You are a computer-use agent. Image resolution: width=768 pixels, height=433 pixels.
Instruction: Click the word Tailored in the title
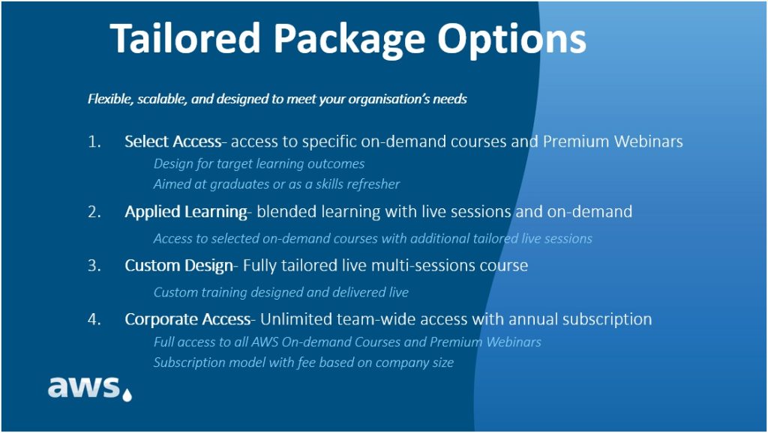point(185,38)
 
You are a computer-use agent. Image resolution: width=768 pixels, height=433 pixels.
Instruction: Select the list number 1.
point(94,142)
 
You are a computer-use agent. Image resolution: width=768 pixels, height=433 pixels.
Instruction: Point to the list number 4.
point(94,319)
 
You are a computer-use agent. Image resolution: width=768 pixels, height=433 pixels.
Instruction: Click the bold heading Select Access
point(173,142)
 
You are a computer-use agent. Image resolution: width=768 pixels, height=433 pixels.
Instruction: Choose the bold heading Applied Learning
point(186,212)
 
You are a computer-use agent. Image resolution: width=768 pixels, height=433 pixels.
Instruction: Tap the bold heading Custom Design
point(178,266)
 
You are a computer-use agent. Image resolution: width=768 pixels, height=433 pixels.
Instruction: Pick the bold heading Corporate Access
point(187,319)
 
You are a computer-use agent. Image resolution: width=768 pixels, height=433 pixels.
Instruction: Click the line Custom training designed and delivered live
point(281,292)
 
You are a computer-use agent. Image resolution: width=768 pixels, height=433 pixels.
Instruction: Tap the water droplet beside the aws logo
point(127,395)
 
